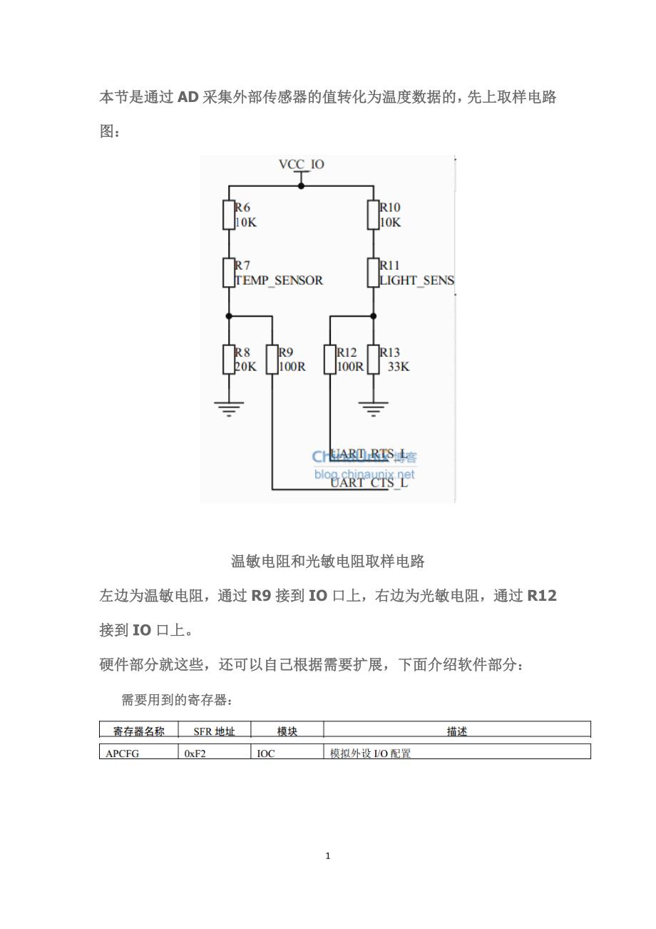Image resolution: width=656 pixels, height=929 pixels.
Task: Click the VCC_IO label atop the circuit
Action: [301, 164]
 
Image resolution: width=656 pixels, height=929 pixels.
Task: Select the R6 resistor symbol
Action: [229, 215]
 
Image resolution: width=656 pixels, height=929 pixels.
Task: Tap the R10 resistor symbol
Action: [373, 215]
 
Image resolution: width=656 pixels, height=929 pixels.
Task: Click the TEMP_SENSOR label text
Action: [279, 280]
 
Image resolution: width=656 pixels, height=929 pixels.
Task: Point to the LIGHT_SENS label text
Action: [416, 280]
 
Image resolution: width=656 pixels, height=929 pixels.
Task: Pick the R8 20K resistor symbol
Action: [229, 360]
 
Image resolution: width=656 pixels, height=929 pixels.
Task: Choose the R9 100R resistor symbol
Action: [272, 360]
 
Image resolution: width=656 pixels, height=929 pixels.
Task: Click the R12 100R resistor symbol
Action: [330, 360]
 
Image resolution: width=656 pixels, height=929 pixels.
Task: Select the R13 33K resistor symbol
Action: [373, 360]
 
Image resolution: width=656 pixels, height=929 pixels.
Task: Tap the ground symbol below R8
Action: [229, 408]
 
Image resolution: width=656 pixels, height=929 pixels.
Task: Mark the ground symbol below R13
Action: [373, 408]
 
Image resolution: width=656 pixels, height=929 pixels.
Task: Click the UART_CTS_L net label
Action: [369, 482]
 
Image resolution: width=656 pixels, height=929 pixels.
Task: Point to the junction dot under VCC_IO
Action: [301, 186]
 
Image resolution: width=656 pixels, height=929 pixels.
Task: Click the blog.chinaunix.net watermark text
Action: [364, 474]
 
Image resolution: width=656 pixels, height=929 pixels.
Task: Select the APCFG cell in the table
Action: [122, 753]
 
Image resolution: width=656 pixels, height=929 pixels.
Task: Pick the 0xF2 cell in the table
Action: [195, 753]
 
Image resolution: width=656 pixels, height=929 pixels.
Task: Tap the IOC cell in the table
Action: [265, 753]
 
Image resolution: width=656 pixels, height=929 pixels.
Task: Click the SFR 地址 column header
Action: [214, 731]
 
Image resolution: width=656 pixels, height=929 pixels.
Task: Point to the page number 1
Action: [327, 856]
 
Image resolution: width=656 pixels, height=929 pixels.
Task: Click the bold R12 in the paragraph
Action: [542, 596]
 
